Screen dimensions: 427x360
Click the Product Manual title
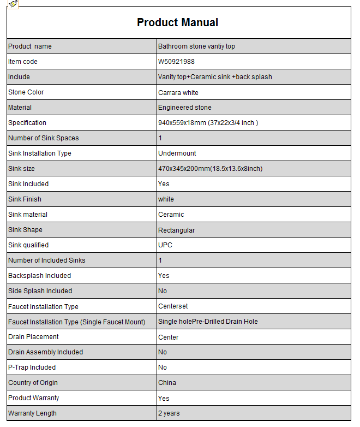177,22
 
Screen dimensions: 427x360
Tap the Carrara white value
178,92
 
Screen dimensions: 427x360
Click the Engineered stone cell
185,108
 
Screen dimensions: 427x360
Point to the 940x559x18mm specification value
208,123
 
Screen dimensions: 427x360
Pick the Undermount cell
177,153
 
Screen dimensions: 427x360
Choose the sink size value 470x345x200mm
210,169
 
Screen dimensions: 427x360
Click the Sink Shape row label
25,230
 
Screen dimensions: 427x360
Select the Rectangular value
176,230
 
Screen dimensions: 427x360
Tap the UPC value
165,245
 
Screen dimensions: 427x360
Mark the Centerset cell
173,306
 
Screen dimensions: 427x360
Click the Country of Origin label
33,383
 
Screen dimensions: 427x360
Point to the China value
167,383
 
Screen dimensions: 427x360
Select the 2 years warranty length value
169,413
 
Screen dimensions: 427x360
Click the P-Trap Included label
32,367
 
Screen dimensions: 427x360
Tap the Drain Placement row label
33,337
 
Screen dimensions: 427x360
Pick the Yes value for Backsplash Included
164,276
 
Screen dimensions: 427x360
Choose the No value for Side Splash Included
163,291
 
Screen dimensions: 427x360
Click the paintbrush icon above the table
13,4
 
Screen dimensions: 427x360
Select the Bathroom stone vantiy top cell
196,46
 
